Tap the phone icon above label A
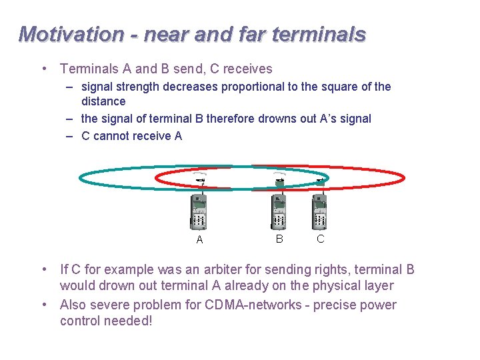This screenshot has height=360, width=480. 198,209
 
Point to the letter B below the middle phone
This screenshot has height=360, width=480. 279,238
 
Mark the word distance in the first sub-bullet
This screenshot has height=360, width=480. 103,101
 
